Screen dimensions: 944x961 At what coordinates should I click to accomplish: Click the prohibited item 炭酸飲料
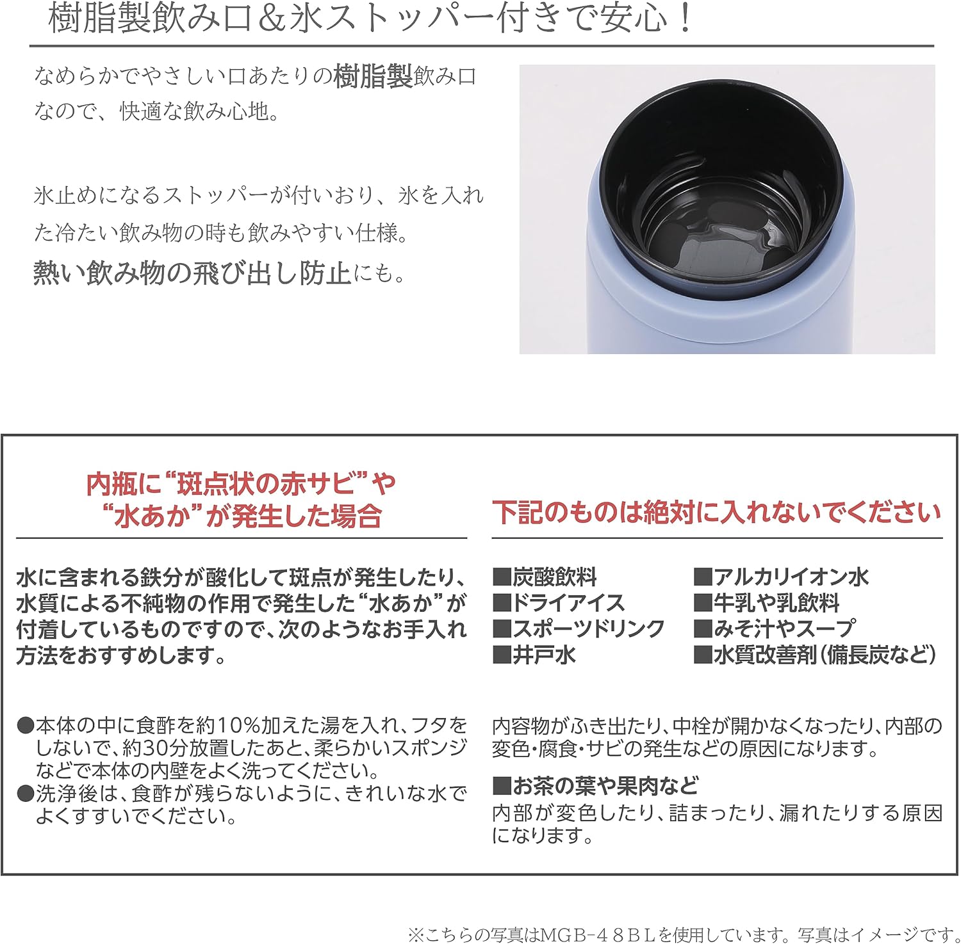coord(554,577)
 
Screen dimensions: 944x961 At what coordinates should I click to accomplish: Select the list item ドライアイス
coord(568,603)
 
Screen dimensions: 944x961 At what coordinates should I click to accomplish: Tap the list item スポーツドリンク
coord(588,628)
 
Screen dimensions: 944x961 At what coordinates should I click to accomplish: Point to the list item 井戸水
coord(543,655)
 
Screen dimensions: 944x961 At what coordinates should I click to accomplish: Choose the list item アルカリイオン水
coord(791,577)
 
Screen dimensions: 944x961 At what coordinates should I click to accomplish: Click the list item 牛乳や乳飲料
coord(776,603)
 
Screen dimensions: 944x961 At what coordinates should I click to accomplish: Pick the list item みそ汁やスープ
coord(784,628)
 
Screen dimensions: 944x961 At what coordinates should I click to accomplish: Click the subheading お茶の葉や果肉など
coord(604,785)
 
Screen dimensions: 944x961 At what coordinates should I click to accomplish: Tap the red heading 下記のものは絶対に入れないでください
coord(717,513)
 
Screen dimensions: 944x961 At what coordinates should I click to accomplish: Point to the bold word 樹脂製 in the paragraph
coord(374,77)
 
